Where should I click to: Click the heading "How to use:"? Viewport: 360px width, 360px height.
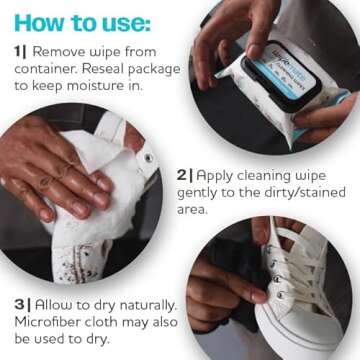tap(82, 21)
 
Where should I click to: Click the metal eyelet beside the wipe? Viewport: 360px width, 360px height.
tap(148, 158)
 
